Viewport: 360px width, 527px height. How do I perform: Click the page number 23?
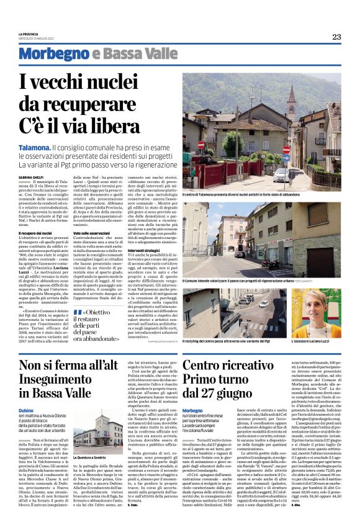[x=336, y=37]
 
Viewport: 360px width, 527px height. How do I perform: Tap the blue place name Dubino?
[x=26, y=411]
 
